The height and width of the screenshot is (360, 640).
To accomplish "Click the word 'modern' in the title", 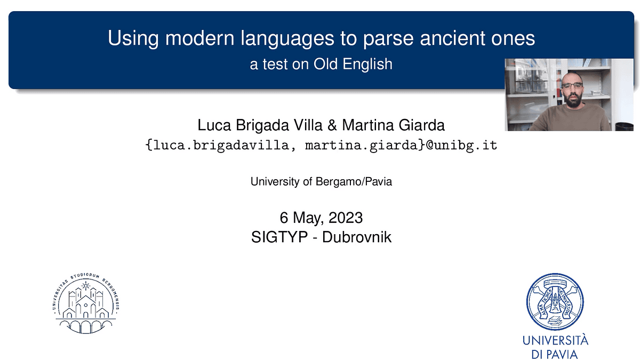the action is (x=199, y=38).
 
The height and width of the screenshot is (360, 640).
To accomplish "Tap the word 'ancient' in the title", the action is (x=452, y=38).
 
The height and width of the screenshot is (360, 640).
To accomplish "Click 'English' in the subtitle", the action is (x=367, y=65).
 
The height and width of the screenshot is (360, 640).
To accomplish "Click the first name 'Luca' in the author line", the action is (x=214, y=125).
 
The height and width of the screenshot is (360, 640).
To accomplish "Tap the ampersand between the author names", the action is (x=332, y=125).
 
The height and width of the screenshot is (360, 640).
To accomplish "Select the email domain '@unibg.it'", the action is (x=461, y=145).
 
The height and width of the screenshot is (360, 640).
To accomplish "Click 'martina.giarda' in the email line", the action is (x=362, y=146).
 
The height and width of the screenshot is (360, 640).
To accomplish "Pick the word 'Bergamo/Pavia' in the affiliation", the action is (x=354, y=182).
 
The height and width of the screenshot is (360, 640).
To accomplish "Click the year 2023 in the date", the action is (x=346, y=218).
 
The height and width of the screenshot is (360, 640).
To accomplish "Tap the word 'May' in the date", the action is (x=309, y=218).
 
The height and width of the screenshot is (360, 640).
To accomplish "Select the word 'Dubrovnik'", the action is (x=357, y=237).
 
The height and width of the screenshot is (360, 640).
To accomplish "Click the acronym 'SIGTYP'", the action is (x=279, y=237).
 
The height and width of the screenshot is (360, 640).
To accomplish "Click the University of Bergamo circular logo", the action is (x=86, y=303).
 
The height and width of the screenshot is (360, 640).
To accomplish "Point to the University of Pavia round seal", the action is (x=555, y=302).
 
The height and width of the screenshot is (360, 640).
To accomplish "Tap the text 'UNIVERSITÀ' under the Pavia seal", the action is (x=555, y=340).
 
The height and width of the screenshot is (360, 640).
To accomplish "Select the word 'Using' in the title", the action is (x=133, y=38).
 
